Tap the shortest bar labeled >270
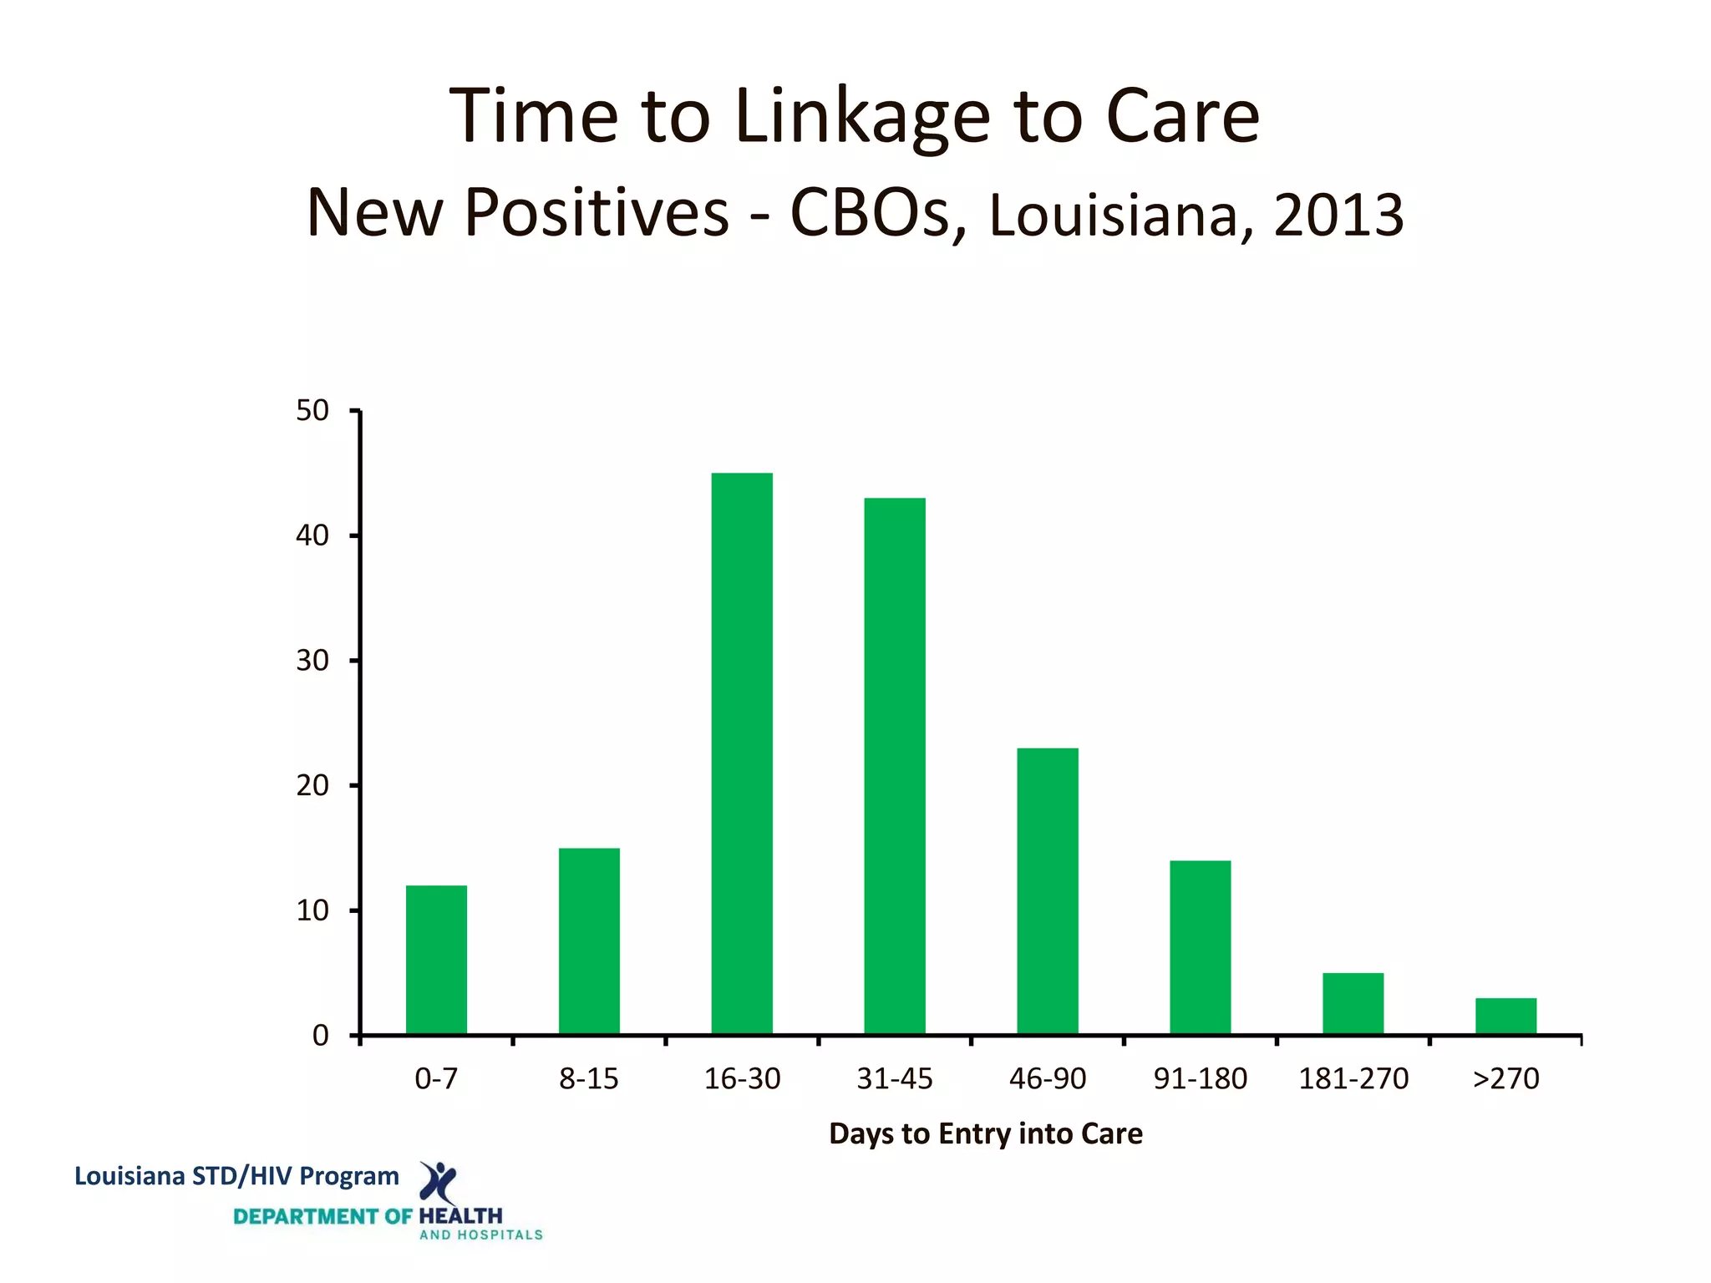[x=1505, y=1017]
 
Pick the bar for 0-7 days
[x=436, y=960]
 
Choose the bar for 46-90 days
[x=1048, y=891]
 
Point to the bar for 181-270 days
[x=1353, y=1004]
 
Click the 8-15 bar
[x=589, y=941]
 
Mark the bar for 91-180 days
[x=1200, y=947]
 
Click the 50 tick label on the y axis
[x=312, y=410]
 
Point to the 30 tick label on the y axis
[x=312, y=661]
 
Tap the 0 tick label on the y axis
[x=321, y=1036]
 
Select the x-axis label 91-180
[x=1200, y=1079]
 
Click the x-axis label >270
[x=1505, y=1079]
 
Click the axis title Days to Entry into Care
[x=985, y=1133]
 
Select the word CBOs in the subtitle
[x=870, y=213]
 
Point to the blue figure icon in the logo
[x=438, y=1181]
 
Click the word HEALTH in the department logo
[x=460, y=1216]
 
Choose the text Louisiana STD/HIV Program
[x=236, y=1176]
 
